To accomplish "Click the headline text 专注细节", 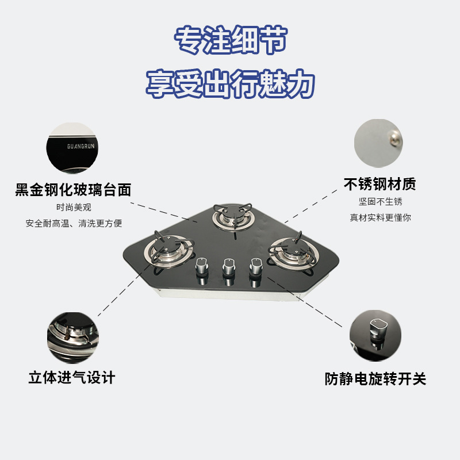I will click(230, 42).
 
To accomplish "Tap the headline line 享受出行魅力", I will click(230, 84).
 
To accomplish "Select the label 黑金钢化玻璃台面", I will click(74, 190).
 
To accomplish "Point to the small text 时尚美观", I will click(74, 208).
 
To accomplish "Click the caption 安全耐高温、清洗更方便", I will click(74, 223).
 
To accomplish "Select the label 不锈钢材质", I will click(379, 185).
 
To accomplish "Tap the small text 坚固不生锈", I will click(380, 202).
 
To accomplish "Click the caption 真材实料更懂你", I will click(380, 217).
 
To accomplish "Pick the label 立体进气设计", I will click(72, 378).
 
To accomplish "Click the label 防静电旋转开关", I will click(375, 379).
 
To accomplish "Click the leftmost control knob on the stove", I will click(202, 269).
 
